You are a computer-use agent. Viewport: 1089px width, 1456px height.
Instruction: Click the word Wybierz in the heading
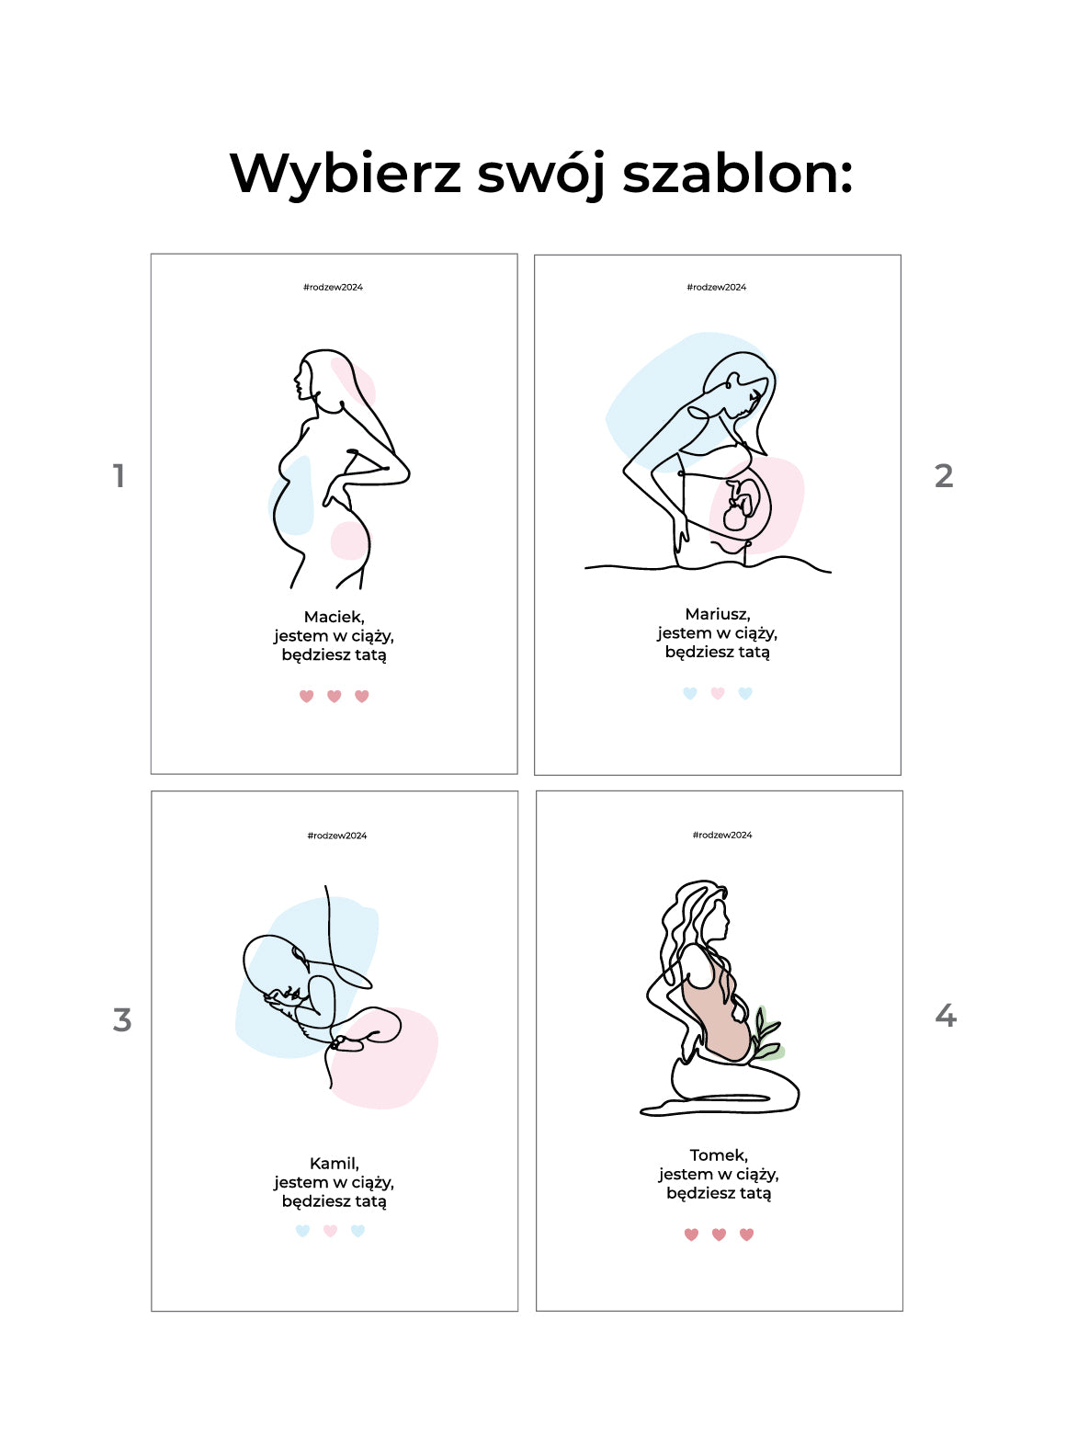pyautogui.click(x=345, y=174)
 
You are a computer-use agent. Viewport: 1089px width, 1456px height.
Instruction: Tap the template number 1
pyautogui.click(x=119, y=475)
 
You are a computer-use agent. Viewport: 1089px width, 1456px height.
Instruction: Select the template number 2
pyautogui.click(x=944, y=475)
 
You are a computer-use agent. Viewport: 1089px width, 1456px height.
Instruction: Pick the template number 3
pyautogui.click(x=122, y=1019)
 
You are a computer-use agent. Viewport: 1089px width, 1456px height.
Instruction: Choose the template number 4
pyautogui.click(x=946, y=1016)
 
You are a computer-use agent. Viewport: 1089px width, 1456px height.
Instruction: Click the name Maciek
pyautogui.click(x=335, y=617)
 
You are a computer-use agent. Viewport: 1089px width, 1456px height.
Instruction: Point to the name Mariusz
pyautogui.click(x=718, y=614)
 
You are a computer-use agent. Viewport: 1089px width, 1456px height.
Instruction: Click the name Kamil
pyautogui.click(x=335, y=1163)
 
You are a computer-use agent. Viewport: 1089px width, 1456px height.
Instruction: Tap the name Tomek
pyautogui.click(x=719, y=1155)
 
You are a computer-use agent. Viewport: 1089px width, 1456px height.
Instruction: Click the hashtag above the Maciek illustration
pyautogui.click(x=333, y=287)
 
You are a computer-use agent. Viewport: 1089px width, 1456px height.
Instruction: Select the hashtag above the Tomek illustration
pyautogui.click(x=722, y=835)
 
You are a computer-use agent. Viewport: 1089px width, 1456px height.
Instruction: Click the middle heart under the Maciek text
pyautogui.click(x=335, y=696)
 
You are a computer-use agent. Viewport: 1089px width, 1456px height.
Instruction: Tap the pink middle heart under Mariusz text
pyautogui.click(x=718, y=693)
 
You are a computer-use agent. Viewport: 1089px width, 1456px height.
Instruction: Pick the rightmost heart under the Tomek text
pyautogui.click(x=747, y=1234)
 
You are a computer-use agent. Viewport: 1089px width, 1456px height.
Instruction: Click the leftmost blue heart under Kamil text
pyautogui.click(x=302, y=1231)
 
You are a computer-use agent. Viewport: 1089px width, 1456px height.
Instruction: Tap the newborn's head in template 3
pyautogui.click(x=273, y=970)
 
